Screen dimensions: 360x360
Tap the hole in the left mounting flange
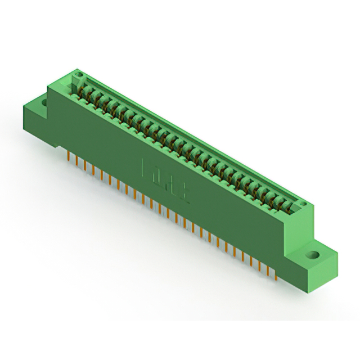[x=44, y=102]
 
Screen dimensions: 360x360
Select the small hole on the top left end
[x=79, y=74]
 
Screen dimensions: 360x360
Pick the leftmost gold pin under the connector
[x=67, y=155]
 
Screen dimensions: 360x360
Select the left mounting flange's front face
[x=35, y=120]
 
